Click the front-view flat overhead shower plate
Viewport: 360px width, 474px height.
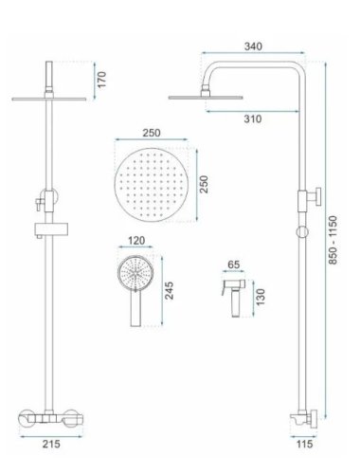tap(45, 98)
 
